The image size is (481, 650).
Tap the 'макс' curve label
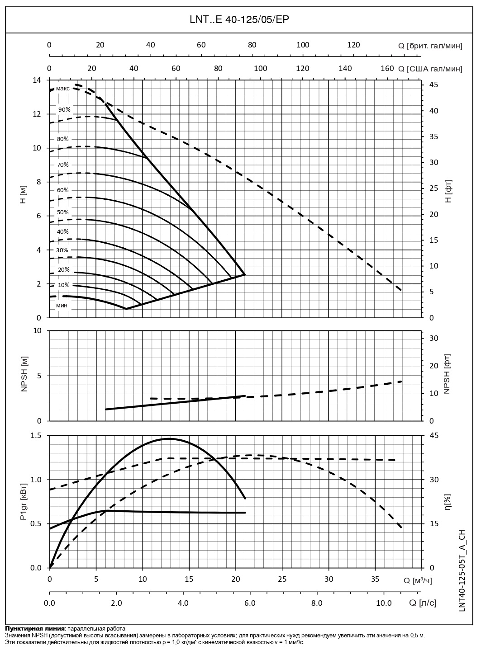pos(63,89)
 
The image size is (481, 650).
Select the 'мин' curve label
pos(62,306)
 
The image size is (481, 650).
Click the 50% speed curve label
pos(63,212)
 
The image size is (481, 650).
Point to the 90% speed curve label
pos(64,110)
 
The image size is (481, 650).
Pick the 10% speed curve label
pos(64,285)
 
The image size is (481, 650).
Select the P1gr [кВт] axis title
pos(24,501)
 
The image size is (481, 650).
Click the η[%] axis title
pos(448,501)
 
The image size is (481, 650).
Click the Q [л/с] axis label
pos(423,603)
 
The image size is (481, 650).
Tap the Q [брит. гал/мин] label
pos(430,45)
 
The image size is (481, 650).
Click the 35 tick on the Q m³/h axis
pos(375,579)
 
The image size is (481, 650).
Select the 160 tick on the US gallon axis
pos(387,68)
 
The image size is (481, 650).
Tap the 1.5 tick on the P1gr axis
pos(36,436)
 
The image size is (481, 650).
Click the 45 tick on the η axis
pos(434,436)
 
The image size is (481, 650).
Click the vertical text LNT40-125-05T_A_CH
pos(462,571)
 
